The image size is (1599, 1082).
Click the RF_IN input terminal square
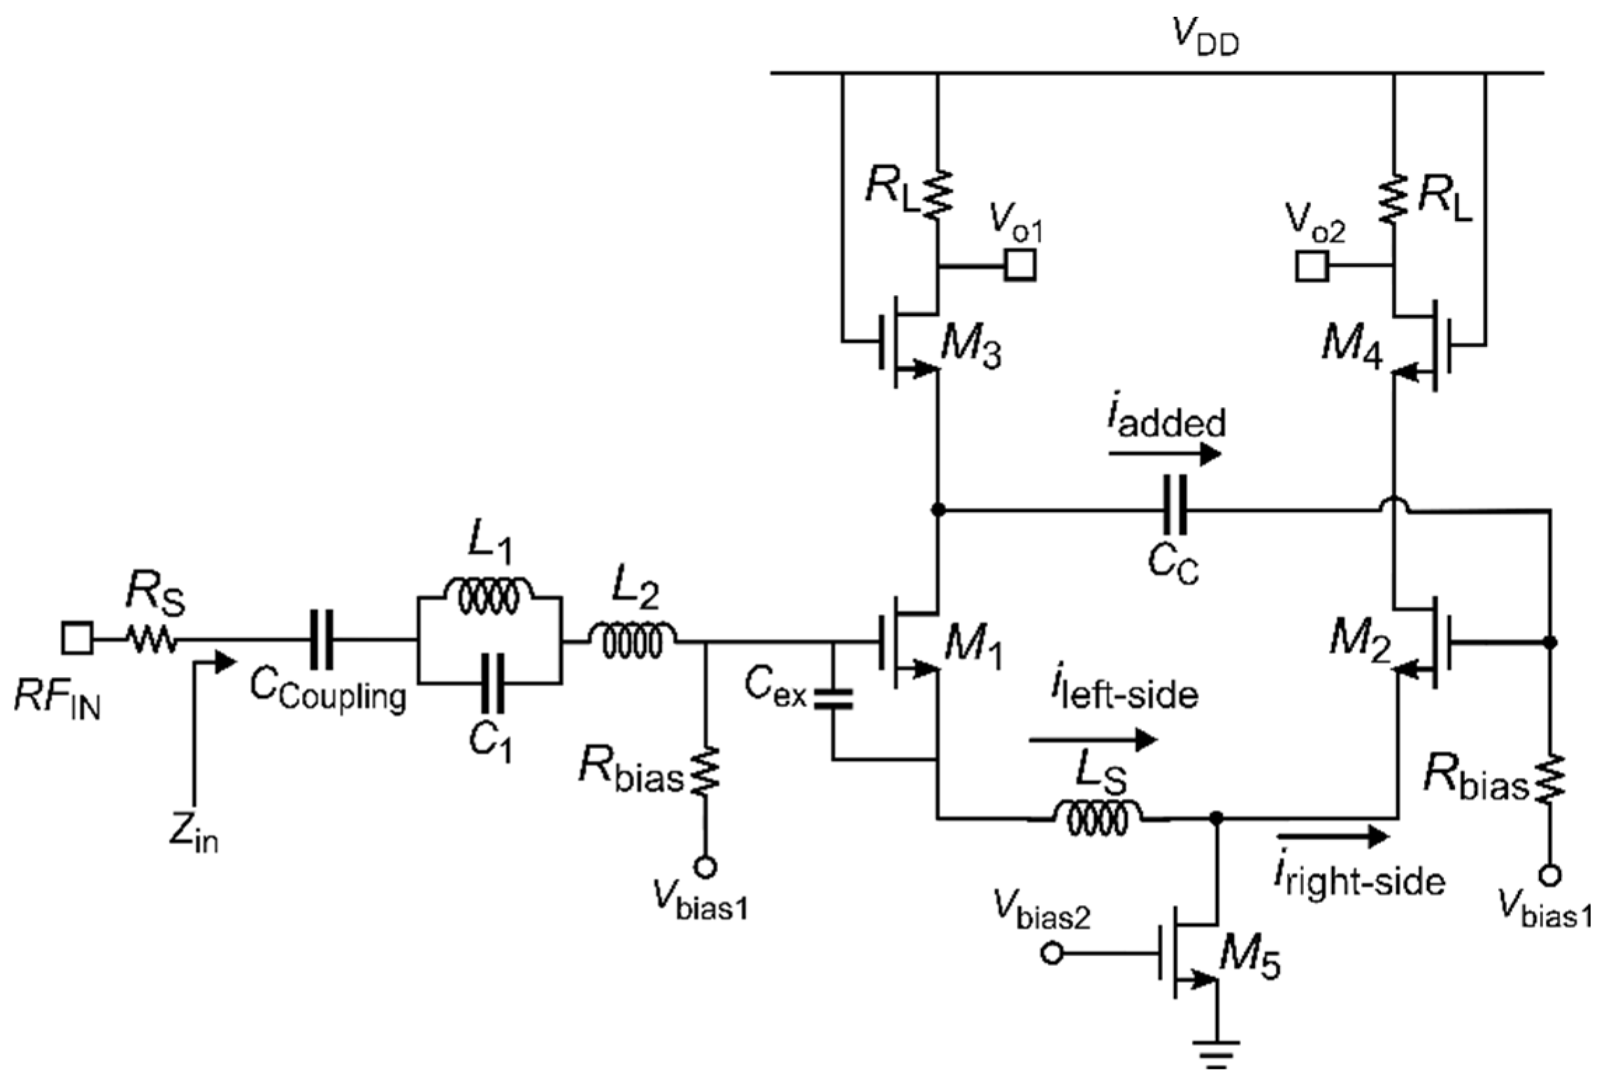point(76,639)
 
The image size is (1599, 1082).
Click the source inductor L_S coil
point(1098,816)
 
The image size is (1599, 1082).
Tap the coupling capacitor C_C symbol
point(1174,511)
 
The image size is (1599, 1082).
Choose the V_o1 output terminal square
point(1020,266)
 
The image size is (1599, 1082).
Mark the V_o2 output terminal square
point(1312,266)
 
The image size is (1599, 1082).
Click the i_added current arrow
point(1164,455)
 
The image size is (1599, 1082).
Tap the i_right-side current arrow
point(1332,837)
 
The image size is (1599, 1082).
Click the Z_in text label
point(193,834)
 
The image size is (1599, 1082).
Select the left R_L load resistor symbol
point(937,194)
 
